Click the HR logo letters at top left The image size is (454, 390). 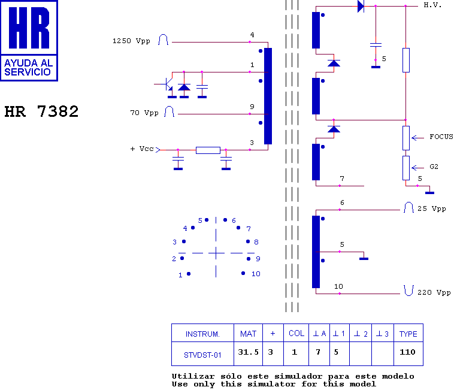coord(29,28)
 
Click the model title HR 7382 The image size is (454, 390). coord(41,111)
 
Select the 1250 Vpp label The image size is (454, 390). coord(131,41)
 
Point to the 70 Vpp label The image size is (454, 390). coord(144,113)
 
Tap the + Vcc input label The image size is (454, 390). coord(142,149)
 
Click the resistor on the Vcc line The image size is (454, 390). coord(208,150)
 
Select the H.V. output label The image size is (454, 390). coord(432,5)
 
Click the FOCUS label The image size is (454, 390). coord(441,137)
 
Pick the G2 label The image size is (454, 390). coord(434,167)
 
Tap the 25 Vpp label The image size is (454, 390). coord(431,208)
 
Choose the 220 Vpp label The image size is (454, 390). coord(434,293)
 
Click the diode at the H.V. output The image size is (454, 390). coord(361,6)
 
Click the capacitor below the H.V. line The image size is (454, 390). coord(376,45)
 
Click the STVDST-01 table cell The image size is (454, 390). coord(202,355)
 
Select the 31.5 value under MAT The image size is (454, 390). coord(248,352)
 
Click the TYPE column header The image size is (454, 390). coord(408,334)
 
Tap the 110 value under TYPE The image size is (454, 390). coord(407,352)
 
